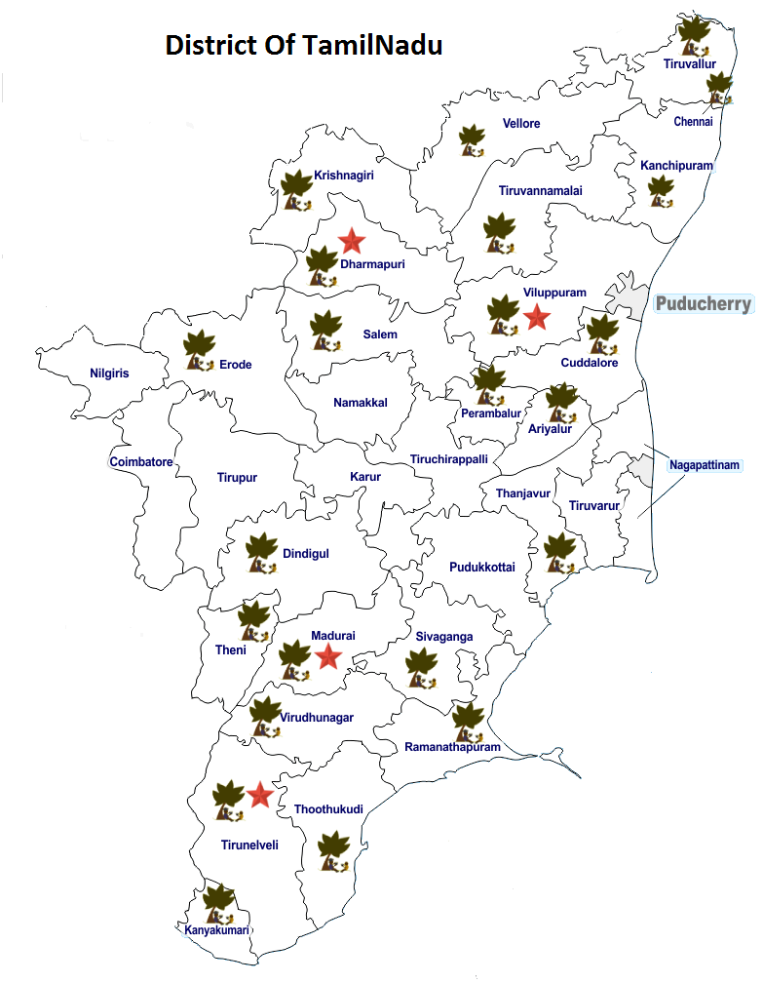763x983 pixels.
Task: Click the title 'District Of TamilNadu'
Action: coord(304,45)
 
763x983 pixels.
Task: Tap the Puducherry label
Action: coord(704,304)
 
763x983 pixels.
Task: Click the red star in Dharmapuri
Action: coord(351,240)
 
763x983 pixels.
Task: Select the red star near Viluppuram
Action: coord(535,317)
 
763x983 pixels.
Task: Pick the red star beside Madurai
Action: coord(328,657)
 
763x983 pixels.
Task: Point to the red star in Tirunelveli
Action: coord(258,795)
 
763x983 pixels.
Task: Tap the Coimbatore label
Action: coord(141,461)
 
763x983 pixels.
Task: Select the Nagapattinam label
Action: coord(706,465)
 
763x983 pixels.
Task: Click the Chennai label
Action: coord(693,122)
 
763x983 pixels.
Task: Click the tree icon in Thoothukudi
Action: coord(333,851)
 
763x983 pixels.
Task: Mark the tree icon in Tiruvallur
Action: coord(694,36)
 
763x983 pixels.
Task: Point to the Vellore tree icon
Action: coord(473,140)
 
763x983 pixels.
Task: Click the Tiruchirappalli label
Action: coord(449,458)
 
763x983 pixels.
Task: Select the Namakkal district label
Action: coord(361,403)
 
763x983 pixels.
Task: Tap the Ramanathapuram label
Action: coord(452,747)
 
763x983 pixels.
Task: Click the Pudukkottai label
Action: coord(482,567)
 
